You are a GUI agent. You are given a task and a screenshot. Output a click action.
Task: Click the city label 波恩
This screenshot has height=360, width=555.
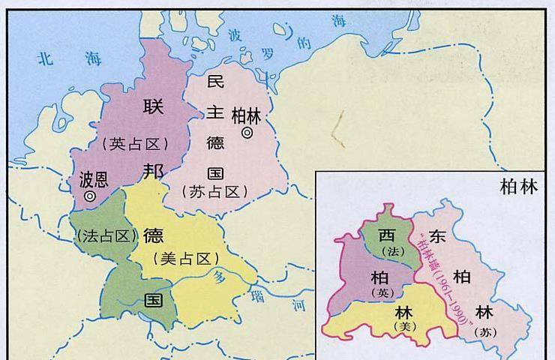click(94, 180)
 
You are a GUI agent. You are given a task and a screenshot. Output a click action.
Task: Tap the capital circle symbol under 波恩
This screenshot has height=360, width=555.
click(90, 196)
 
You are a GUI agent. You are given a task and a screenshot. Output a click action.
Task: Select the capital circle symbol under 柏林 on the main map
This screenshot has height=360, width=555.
click(247, 133)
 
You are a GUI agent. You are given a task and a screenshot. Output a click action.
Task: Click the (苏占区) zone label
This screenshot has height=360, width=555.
click(214, 192)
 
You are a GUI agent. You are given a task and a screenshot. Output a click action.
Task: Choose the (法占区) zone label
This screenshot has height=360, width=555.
click(107, 235)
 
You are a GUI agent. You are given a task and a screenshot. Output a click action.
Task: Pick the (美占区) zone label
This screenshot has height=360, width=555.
click(185, 259)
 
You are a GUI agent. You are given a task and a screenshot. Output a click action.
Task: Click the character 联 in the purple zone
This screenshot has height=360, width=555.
click(152, 107)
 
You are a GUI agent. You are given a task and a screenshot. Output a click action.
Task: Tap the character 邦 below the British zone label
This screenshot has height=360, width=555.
click(153, 172)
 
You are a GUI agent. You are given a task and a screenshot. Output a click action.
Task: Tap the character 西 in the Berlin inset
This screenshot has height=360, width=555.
click(386, 234)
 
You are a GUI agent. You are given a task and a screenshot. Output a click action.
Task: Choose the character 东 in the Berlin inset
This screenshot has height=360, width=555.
click(439, 235)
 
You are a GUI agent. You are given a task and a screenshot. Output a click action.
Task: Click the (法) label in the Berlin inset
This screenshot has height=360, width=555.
click(388, 250)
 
